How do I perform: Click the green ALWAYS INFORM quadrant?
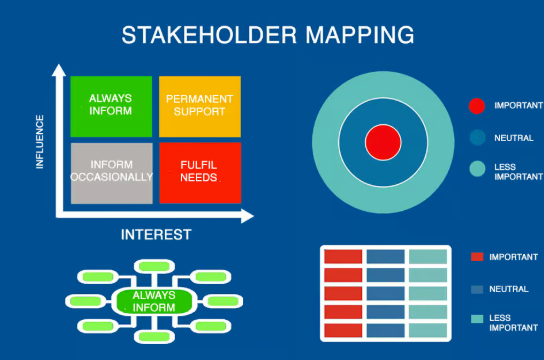click(x=111, y=106)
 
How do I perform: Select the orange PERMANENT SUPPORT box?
click(x=200, y=106)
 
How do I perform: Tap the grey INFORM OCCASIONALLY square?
click(x=112, y=173)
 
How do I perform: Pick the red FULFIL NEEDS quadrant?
click(x=200, y=173)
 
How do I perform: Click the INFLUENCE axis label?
click(x=40, y=142)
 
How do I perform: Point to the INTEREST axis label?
click(x=156, y=235)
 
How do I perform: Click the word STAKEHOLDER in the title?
click(x=209, y=35)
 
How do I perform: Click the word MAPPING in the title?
click(x=360, y=35)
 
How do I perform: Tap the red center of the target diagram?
click(x=383, y=142)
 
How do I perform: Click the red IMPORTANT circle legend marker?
click(x=477, y=106)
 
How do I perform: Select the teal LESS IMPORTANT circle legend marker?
click(x=477, y=169)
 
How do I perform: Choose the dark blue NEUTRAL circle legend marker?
click(x=477, y=138)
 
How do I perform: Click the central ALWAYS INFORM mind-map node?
click(x=154, y=301)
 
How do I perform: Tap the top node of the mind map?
click(x=154, y=266)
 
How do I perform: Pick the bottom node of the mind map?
click(x=154, y=336)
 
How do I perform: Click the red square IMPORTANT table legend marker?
click(x=477, y=257)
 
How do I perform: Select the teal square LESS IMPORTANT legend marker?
click(x=477, y=319)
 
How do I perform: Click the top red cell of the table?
click(x=343, y=257)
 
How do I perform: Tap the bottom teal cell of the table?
click(x=428, y=330)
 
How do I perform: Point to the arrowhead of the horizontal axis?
click(x=247, y=216)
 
